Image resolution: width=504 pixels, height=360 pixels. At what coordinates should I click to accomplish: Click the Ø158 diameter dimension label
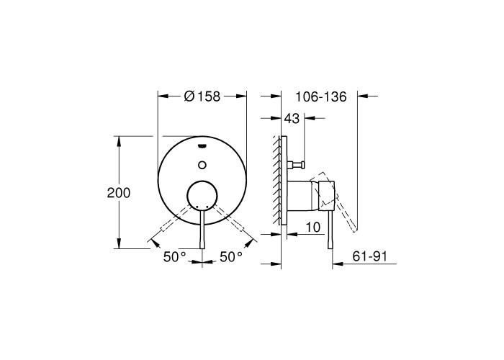(202, 96)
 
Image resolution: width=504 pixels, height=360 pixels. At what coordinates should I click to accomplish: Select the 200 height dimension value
(119, 193)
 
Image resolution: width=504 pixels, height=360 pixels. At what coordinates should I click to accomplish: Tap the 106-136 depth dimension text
(321, 96)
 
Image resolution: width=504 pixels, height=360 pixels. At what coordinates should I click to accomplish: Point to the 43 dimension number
(292, 119)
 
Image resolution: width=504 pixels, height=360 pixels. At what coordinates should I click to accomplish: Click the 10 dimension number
(313, 228)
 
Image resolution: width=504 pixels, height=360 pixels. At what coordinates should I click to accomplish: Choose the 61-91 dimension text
(370, 256)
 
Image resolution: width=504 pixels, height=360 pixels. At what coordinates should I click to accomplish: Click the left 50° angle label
(174, 257)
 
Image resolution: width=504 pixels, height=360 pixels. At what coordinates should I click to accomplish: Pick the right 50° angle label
(231, 257)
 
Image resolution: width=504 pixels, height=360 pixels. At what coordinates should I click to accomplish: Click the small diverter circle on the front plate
(202, 165)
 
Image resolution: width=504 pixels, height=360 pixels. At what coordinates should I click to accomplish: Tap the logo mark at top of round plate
(202, 146)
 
